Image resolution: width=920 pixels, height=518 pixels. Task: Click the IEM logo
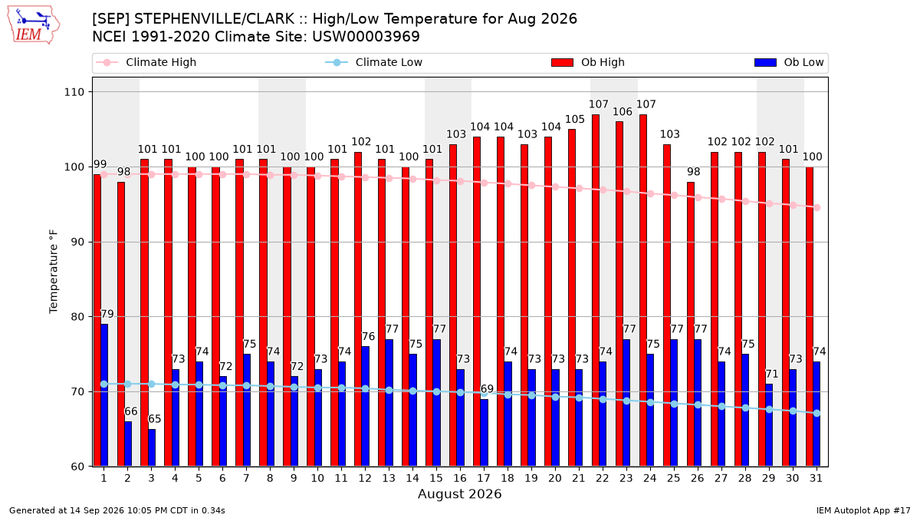(33, 25)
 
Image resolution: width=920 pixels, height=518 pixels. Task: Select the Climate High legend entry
(146, 62)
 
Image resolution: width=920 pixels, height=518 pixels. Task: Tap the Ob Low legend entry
(789, 62)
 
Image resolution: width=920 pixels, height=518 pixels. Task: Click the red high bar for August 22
(596, 291)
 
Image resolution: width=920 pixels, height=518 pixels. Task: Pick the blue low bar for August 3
(152, 448)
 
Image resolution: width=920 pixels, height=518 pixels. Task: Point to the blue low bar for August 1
(104, 395)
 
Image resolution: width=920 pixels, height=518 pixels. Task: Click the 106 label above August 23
(623, 112)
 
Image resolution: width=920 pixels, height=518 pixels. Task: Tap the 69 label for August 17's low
(487, 389)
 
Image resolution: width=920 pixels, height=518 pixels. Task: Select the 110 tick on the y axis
(74, 92)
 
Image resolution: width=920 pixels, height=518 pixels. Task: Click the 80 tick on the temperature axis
(77, 317)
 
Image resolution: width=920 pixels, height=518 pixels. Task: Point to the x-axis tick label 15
(436, 479)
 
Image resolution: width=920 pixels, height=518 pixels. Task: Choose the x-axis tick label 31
(816, 479)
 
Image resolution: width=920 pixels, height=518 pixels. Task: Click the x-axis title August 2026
(459, 493)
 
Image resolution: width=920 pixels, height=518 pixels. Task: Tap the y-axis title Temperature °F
(54, 272)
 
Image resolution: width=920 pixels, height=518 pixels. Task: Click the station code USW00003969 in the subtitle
(366, 37)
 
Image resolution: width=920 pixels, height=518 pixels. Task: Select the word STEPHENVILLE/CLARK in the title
(214, 19)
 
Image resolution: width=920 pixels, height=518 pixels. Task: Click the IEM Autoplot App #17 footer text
(863, 510)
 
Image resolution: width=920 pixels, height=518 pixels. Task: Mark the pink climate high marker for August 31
(817, 208)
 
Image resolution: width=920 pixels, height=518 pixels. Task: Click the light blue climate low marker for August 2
(128, 384)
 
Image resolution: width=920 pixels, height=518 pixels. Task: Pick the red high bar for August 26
(691, 325)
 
